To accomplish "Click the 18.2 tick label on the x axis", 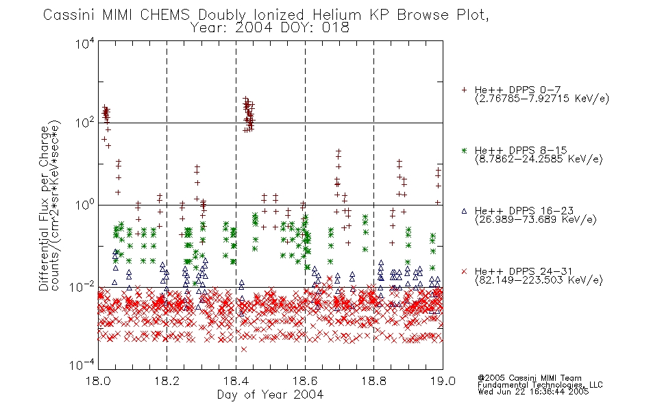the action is tap(167, 381).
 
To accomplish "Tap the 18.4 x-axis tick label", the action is tap(236, 381).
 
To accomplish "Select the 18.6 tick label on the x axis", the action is tap(305, 381).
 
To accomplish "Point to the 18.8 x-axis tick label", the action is tap(373, 381).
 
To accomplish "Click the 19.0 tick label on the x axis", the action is tap(443, 381).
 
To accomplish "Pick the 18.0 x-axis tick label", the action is tap(98, 381).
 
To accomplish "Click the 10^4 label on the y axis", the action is tap(85, 43).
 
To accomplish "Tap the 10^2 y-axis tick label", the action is tap(85, 123).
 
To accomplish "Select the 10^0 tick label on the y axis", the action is tap(85, 205).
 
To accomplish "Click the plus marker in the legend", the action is tap(464, 90).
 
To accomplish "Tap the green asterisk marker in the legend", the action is tap(464, 151).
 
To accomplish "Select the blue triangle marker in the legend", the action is tap(464, 211).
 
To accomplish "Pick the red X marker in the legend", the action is tap(464, 271).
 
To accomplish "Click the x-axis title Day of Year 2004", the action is tap(270, 395).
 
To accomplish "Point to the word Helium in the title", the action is tap(336, 14).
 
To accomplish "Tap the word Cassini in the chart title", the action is tap(70, 14).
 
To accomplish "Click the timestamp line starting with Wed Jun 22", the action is tap(533, 391).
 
